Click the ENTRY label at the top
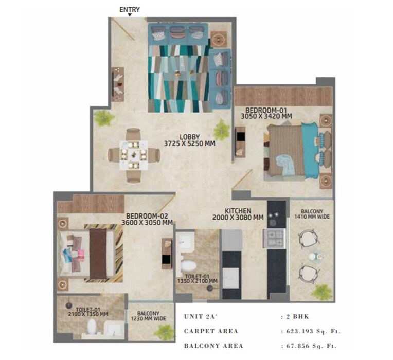pos(129,9)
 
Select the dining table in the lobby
pos(134,155)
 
